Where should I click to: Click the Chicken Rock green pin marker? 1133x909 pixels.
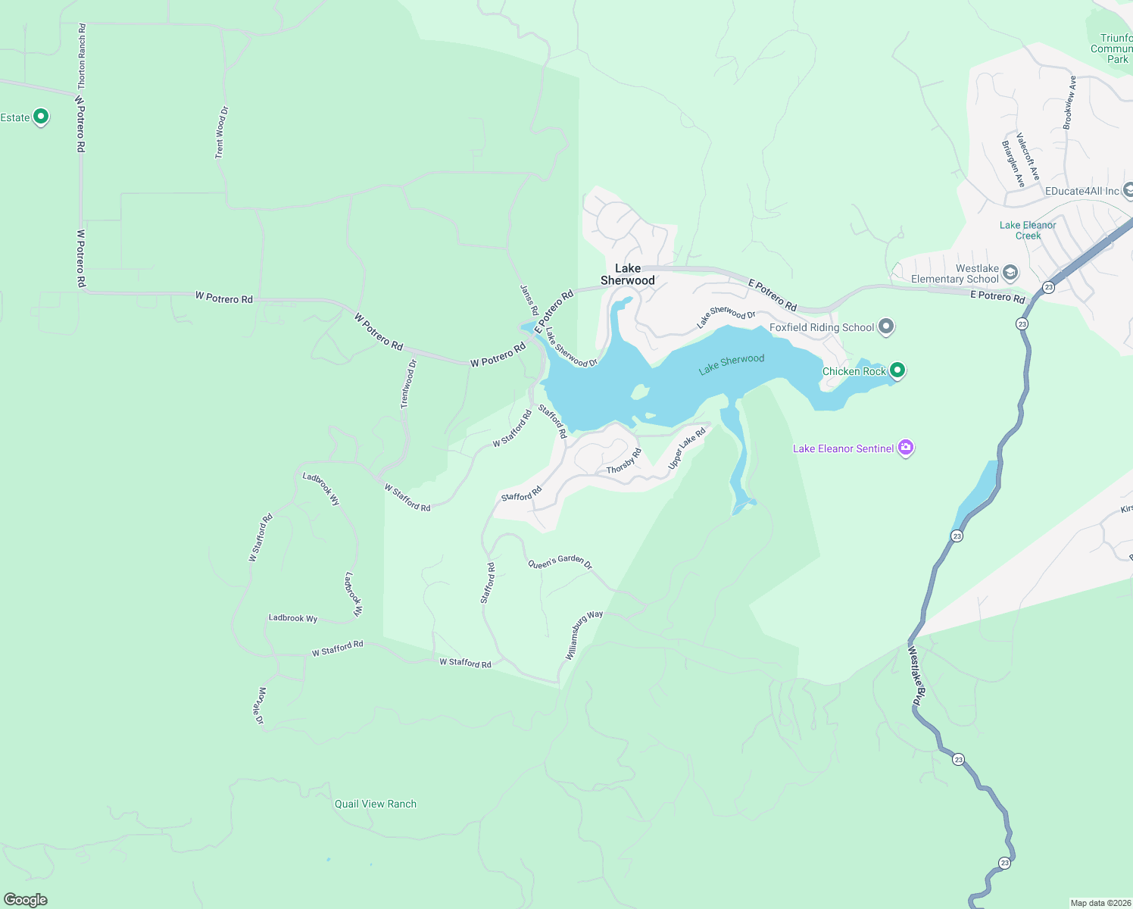click(897, 370)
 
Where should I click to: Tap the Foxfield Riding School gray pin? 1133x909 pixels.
click(886, 327)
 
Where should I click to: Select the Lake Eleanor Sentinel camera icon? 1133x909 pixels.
click(906, 448)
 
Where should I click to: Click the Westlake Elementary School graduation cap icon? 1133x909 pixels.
click(1010, 273)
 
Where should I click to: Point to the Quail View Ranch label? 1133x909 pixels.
click(376, 804)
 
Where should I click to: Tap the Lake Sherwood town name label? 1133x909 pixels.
click(628, 274)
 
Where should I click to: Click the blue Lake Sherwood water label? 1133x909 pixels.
click(732, 364)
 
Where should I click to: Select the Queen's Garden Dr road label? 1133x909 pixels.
click(560, 562)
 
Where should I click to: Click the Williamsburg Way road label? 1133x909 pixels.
click(584, 635)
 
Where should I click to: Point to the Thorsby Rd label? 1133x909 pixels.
click(624, 461)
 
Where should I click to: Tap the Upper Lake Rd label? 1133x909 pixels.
click(687, 448)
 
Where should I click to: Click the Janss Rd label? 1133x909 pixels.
click(529, 300)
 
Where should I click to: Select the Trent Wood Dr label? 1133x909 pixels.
click(221, 133)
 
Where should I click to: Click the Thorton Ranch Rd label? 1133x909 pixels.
click(82, 56)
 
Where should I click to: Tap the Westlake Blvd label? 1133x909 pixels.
click(916, 676)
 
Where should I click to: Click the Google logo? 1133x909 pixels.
click(26, 900)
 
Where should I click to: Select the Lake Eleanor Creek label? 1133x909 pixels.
click(1028, 230)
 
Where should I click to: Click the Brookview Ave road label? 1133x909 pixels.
click(1069, 102)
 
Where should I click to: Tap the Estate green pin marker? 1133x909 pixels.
click(42, 117)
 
